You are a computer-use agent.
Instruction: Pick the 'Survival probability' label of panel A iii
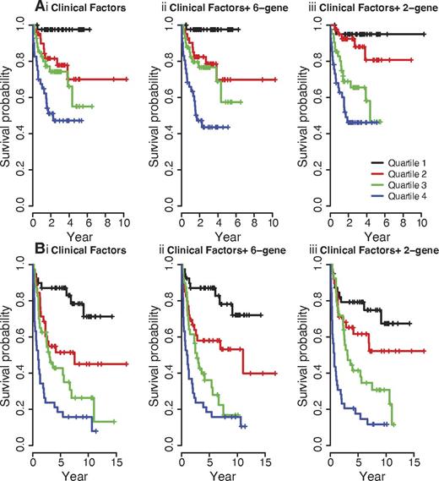coord(305,118)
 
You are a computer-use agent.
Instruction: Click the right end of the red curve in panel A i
coord(127,79)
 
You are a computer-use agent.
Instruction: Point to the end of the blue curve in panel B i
coord(97,431)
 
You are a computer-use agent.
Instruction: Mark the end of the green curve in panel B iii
coord(394,424)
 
